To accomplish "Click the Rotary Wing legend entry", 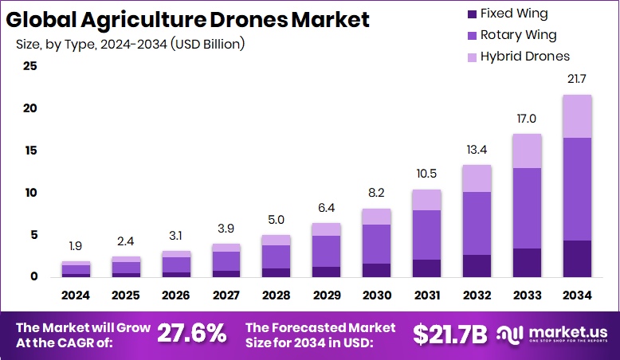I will pyautogui.click(x=517, y=35).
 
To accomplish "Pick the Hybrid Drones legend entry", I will pyautogui.click(x=524, y=57).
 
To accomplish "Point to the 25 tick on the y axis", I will pyautogui.click(x=29, y=66).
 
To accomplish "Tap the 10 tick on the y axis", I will pyautogui.click(x=29, y=193).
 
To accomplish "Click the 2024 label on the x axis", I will pyautogui.click(x=77, y=295).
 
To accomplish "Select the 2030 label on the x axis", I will pyautogui.click(x=376, y=295).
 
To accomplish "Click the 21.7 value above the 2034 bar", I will pyautogui.click(x=576, y=80).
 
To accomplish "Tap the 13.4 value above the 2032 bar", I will pyautogui.click(x=477, y=150).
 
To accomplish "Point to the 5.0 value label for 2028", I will pyautogui.click(x=277, y=220).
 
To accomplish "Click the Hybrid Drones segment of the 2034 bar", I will pyautogui.click(x=576, y=116).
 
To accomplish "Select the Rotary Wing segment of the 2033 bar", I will pyautogui.click(x=526, y=208).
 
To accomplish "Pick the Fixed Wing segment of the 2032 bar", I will pyautogui.click(x=477, y=266).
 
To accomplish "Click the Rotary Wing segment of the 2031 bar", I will pyautogui.click(x=426, y=235).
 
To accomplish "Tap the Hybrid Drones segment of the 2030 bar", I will pyautogui.click(x=376, y=217).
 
